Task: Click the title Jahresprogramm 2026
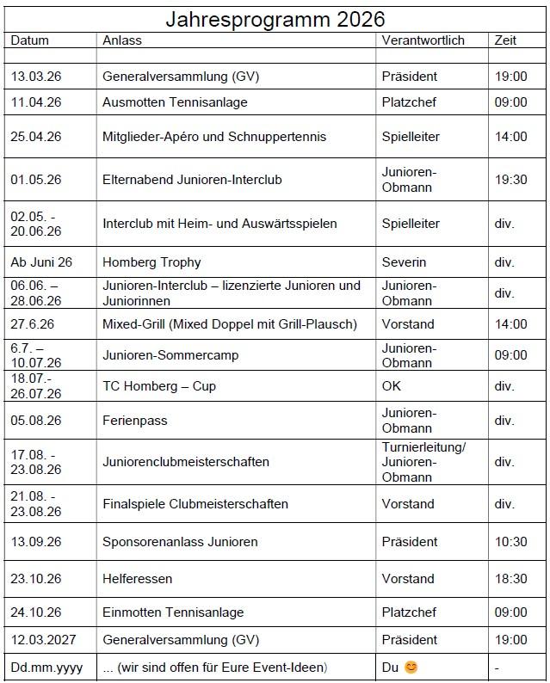click(275, 19)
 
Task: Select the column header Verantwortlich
click(423, 40)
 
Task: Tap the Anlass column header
click(122, 40)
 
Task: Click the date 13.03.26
click(36, 77)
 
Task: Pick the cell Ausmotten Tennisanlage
click(175, 102)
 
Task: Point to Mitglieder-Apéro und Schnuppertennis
click(214, 137)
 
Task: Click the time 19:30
click(510, 180)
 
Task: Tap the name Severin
click(404, 262)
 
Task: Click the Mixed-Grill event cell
click(229, 324)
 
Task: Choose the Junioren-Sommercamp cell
click(170, 355)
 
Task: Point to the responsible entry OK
click(392, 386)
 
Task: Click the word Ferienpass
click(135, 421)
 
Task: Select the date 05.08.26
click(36, 421)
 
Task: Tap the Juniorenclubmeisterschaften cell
click(186, 462)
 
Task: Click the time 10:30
click(510, 542)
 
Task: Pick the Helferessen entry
click(137, 579)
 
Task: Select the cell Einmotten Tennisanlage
click(173, 612)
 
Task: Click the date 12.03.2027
click(43, 640)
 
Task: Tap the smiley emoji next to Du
click(411, 668)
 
